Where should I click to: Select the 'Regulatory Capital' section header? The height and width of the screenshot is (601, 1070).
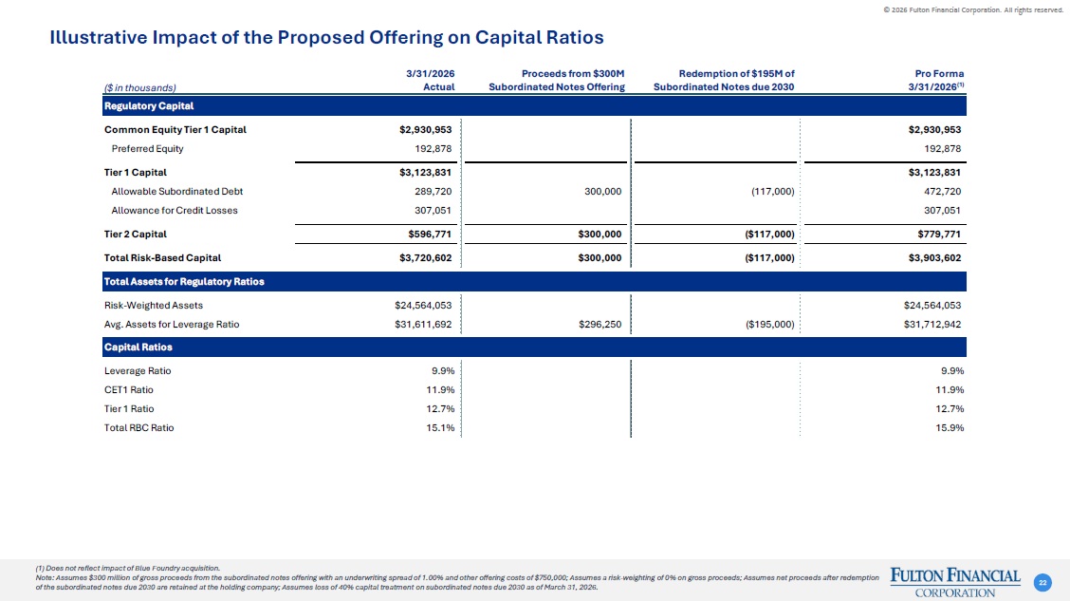point(149,105)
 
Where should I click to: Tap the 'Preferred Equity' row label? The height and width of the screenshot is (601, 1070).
point(147,149)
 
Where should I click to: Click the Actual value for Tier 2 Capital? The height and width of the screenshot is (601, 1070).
point(425,235)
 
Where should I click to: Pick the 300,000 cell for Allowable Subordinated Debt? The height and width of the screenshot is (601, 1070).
point(602,192)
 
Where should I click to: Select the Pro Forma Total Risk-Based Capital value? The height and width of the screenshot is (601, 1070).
point(934,258)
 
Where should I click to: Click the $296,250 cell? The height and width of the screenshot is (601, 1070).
point(600,325)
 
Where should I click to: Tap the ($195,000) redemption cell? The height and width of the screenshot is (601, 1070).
point(769,325)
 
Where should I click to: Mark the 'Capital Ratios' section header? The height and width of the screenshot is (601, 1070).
point(138,347)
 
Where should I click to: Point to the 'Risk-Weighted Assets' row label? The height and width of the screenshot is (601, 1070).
point(154,306)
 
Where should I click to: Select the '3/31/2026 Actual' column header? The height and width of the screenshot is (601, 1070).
point(431,80)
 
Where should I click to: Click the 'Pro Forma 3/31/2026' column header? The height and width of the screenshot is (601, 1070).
point(939,80)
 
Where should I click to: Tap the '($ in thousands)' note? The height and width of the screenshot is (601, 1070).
point(139,87)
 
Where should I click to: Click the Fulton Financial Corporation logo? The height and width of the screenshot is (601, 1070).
point(955,583)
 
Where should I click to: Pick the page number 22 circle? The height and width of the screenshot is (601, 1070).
point(1042,583)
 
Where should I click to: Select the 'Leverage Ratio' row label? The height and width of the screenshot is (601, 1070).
point(138,371)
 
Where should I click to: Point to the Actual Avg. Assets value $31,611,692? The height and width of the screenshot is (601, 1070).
point(423,325)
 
